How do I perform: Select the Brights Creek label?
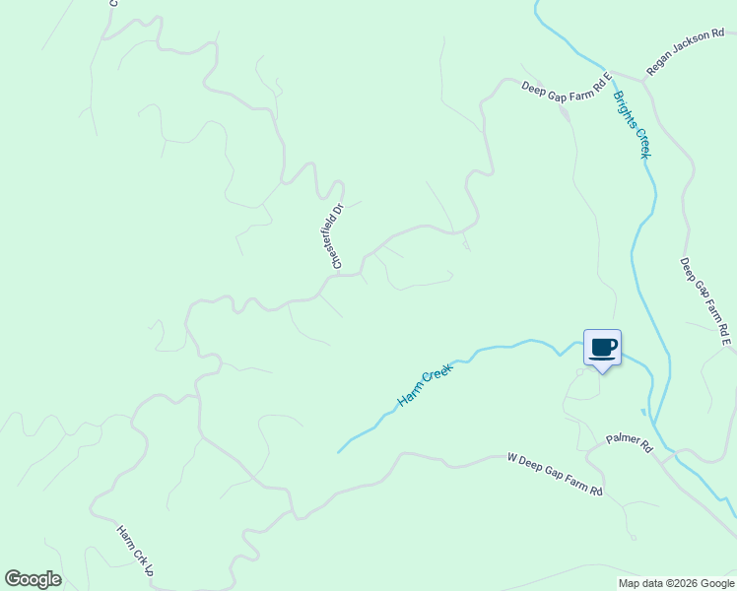click(632, 125)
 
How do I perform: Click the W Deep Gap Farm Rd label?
click(554, 474)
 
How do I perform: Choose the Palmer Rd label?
click(630, 444)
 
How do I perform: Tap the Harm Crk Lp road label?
click(135, 550)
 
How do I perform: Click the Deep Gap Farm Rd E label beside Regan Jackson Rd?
click(567, 82)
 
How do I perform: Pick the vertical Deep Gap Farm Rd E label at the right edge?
click(705, 301)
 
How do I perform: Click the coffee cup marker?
click(602, 348)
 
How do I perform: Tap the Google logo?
click(33, 579)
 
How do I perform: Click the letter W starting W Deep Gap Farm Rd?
click(511, 457)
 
